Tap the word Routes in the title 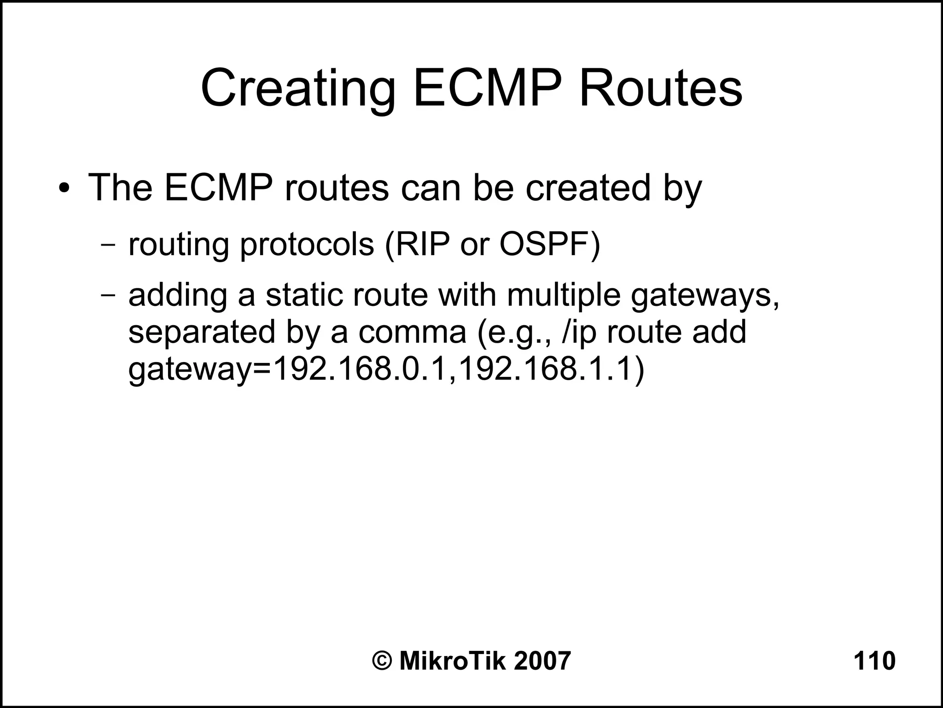tap(660, 88)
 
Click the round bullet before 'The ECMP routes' tap(65, 189)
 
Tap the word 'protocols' tap(307, 245)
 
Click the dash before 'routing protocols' tap(108, 245)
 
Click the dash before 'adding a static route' tap(108, 295)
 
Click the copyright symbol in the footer tap(382, 661)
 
